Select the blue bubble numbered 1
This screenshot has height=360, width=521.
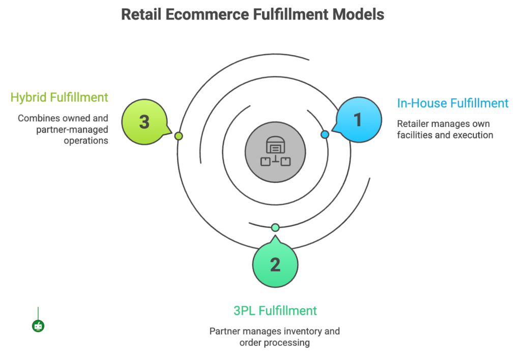click(x=358, y=120)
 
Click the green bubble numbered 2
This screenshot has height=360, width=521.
click(x=275, y=265)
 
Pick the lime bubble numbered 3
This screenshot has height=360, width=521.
click(x=144, y=122)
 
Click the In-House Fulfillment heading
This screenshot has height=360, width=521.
click(x=452, y=103)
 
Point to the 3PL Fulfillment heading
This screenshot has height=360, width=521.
click(x=275, y=311)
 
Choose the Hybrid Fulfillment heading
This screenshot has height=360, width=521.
click(x=60, y=97)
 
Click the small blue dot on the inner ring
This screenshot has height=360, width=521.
click(x=325, y=134)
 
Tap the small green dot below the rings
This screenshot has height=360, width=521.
click(x=275, y=227)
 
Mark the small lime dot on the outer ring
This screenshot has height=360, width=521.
click(x=179, y=136)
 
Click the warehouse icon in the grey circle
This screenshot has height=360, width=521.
click(x=275, y=151)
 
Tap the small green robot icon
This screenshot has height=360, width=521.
click(x=38, y=326)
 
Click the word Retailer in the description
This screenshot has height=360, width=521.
click(x=414, y=124)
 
